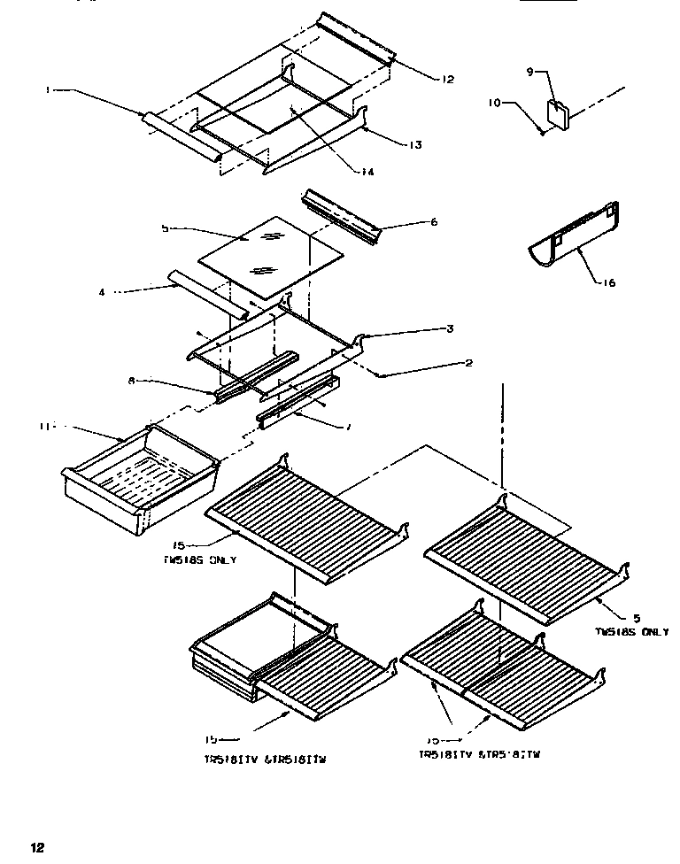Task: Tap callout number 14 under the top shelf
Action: tap(366, 172)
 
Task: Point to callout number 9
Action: tap(530, 73)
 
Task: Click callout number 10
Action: tap(494, 103)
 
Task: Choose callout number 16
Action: tap(608, 283)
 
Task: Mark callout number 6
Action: tap(433, 222)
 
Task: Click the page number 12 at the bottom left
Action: tap(36, 847)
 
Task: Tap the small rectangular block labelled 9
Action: tap(559, 112)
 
